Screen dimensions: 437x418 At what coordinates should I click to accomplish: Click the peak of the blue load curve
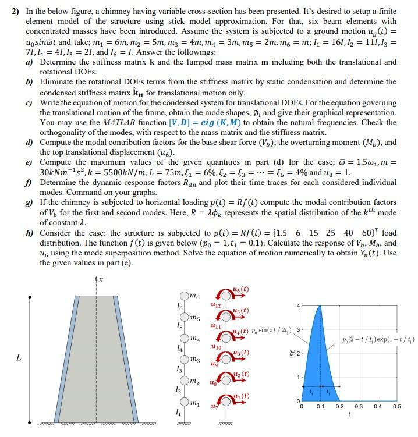[x=318, y=306]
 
